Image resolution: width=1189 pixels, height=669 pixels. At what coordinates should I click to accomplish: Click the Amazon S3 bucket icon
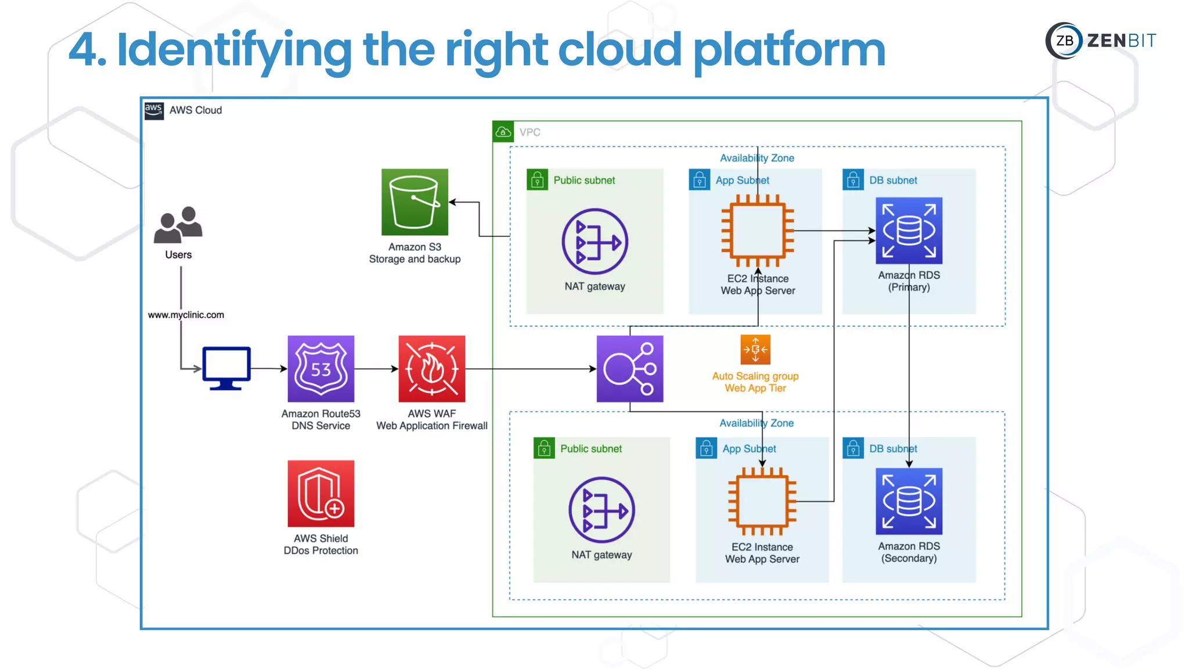415,202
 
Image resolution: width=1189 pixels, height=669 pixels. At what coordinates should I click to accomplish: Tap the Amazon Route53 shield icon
320,368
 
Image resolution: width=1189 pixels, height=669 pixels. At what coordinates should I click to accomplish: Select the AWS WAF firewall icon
431,368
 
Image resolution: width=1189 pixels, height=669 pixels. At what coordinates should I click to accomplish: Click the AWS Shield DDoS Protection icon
320,494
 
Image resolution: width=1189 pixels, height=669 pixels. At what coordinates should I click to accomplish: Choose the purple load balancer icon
629,368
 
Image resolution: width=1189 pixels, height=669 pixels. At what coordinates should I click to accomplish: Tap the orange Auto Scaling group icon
755,350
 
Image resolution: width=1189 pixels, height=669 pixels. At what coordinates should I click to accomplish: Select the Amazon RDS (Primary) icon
909,231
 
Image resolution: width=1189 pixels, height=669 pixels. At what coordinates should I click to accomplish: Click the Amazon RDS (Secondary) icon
909,501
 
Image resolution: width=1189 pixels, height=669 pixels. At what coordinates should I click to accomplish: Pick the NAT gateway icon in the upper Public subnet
594,241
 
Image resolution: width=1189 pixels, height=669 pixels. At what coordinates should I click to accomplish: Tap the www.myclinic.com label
186,315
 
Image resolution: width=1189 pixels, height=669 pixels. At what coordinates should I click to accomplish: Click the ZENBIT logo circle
1064,41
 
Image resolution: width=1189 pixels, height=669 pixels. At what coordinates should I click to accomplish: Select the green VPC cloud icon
503,132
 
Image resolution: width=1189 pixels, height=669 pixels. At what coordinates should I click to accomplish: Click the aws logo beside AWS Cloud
153,110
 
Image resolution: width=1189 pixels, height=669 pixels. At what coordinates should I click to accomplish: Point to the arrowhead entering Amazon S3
453,202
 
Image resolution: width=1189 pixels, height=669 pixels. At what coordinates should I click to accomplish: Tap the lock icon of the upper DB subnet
853,180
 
